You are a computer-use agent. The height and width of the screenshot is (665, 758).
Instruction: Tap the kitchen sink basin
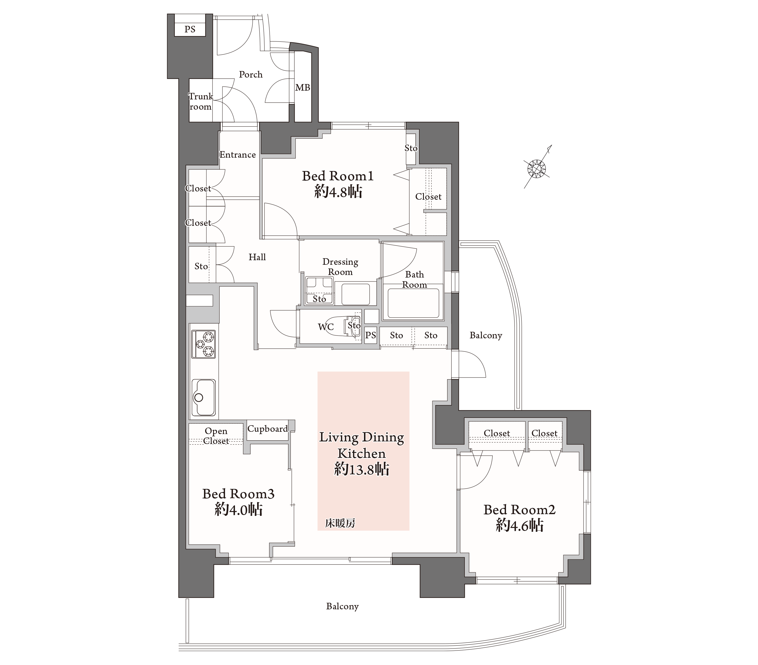pyautogui.click(x=203, y=397)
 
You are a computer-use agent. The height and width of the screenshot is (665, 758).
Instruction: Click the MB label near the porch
pyautogui.click(x=303, y=87)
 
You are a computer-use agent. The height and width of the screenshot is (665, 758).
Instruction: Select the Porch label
pyautogui.click(x=251, y=74)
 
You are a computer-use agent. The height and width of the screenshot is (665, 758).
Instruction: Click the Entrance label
pyautogui.click(x=238, y=155)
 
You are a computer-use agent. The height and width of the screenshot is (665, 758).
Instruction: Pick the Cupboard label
pyautogui.click(x=267, y=429)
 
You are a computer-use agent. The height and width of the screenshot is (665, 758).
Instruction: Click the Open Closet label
pyautogui.click(x=216, y=436)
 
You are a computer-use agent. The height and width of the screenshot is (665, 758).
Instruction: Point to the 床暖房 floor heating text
pyautogui.click(x=340, y=523)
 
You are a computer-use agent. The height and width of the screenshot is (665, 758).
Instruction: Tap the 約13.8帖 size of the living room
pyautogui.click(x=362, y=469)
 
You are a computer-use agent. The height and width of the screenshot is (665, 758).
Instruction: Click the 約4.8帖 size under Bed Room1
pyautogui.click(x=338, y=192)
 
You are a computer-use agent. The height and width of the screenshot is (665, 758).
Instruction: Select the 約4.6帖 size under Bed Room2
pyautogui.click(x=520, y=526)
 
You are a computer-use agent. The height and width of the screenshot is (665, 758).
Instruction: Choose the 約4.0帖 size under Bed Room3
pyautogui.click(x=238, y=510)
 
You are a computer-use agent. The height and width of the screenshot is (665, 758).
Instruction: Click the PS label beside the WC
pyautogui.click(x=370, y=335)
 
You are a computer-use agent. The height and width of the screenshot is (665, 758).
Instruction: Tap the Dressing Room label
pyautogui.click(x=340, y=267)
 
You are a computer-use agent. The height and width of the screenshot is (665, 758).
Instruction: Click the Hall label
pyautogui.click(x=257, y=257)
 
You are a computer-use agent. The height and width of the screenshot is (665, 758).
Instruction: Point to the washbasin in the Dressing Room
pyautogui.click(x=355, y=294)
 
